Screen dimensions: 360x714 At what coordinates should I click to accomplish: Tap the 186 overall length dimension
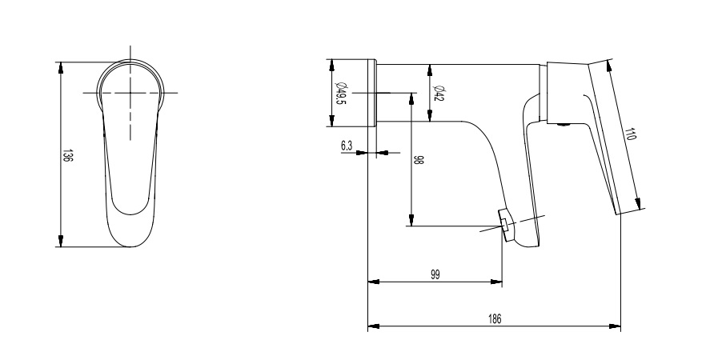(495, 319)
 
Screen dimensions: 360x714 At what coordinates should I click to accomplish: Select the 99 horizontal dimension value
(435, 274)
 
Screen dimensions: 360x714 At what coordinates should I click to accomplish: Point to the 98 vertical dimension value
(419, 159)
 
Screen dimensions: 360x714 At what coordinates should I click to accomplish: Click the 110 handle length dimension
(631, 134)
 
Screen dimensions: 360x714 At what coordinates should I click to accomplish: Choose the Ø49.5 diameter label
(340, 93)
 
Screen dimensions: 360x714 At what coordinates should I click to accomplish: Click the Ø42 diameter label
(438, 93)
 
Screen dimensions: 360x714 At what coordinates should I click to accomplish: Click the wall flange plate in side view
(371, 93)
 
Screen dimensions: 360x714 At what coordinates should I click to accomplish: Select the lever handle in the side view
(612, 136)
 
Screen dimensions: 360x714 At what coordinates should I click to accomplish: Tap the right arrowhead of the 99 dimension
(501, 282)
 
